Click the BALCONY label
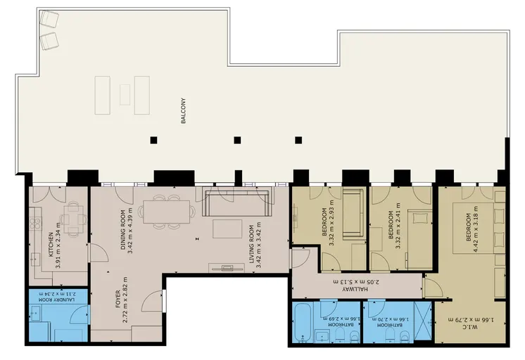click(183, 111)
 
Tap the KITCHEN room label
click(51, 245)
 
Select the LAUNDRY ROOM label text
click(56, 300)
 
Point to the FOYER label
click(118, 300)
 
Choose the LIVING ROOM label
click(252, 244)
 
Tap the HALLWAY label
click(355, 289)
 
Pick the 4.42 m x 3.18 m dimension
click(476, 229)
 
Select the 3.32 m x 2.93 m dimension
click(331, 223)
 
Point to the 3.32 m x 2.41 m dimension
click(398, 226)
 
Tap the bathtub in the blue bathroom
click(303, 322)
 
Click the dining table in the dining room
click(166, 212)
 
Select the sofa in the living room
click(236, 203)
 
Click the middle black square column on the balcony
click(237, 140)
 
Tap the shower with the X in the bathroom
click(423, 321)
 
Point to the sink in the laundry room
click(35, 314)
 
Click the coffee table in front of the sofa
click(227, 229)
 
